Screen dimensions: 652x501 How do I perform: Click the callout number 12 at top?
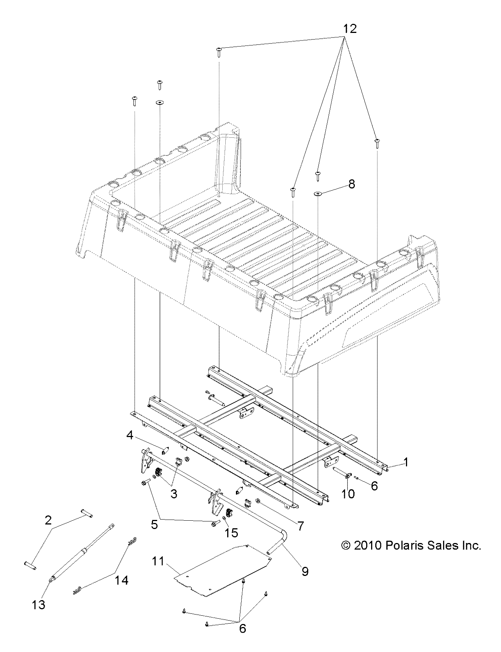coord(350,29)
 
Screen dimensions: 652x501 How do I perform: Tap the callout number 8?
coord(351,184)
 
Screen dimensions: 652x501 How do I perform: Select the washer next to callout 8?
coord(318,194)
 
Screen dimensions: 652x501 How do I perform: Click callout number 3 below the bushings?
coord(173,494)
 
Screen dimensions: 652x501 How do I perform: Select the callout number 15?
coord(231,532)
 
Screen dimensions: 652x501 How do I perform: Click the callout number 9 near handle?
coord(305,571)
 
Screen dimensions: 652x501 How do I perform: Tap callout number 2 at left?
coord(48,520)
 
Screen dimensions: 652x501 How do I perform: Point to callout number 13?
coord(39,605)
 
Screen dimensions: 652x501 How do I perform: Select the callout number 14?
coord(122,580)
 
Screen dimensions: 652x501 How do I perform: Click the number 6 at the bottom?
coord(242,629)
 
